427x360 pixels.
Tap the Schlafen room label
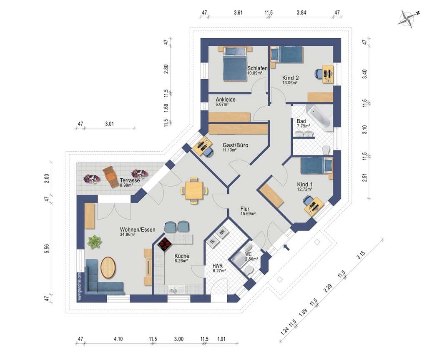click(257, 68)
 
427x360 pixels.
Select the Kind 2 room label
click(290, 78)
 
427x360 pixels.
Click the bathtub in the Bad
click(319, 118)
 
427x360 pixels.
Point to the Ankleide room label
click(226, 100)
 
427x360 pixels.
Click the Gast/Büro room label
click(235, 145)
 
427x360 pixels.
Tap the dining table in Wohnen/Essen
click(194, 190)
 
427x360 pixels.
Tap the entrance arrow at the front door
click(286, 247)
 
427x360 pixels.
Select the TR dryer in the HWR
click(212, 242)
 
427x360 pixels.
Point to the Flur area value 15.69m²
click(248, 214)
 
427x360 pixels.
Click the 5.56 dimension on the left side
click(47, 249)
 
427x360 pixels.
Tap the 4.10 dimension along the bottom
click(118, 339)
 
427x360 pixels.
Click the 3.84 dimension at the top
click(301, 12)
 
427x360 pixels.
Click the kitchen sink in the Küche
click(173, 290)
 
